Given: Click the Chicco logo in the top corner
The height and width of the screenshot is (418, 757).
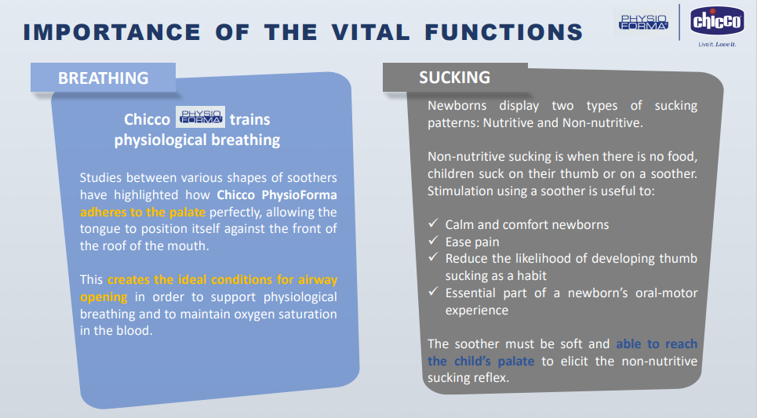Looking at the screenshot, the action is click(x=717, y=20).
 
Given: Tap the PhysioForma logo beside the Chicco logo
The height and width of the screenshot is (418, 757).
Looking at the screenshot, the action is click(x=644, y=22).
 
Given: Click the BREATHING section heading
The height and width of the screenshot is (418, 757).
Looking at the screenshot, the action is click(x=104, y=78).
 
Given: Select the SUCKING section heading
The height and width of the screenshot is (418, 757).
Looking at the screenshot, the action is click(x=454, y=78).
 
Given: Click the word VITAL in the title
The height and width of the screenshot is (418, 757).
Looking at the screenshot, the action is click(x=371, y=32).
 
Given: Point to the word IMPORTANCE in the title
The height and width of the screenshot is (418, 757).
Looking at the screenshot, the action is click(x=112, y=32).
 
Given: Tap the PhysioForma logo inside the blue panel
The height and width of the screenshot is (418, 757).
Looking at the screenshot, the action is click(x=200, y=117).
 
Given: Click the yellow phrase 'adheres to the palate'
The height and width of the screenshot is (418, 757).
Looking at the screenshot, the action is click(x=143, y=213).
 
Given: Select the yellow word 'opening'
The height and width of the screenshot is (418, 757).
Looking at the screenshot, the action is click(x=104, y=297).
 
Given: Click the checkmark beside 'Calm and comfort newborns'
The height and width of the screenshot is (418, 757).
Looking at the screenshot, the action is click(x=433, y=224).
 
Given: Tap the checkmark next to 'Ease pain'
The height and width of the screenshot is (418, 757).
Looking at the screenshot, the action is click(x=433, y=241).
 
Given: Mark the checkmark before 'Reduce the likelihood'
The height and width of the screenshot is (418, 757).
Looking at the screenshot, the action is click(x=433, y=257).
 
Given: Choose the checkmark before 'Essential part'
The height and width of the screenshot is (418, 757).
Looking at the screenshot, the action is click(x=433, y=292).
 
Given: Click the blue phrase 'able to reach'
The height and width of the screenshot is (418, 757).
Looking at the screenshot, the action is click(x=657, y=343).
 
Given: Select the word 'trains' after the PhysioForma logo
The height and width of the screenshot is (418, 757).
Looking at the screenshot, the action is click(x=249, y=119).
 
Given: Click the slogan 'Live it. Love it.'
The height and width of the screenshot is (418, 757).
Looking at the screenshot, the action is click(x=717, y=45).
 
